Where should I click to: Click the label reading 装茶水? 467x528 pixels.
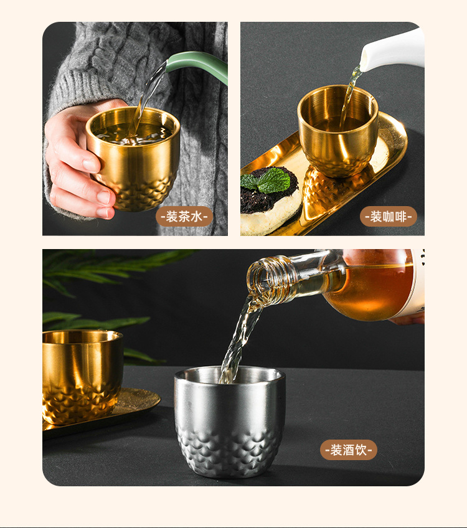pyautogui.click(x=184, y=217)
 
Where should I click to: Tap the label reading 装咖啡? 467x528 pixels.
pyautogui.click(x=389, y=217)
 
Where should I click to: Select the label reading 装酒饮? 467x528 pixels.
pyautogui.click(x=349, y=450)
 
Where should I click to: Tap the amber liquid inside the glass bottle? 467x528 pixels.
pyautogui.click(x=367, y=293)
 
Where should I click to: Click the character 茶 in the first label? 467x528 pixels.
pyautogui.click(x=184, y=217)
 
